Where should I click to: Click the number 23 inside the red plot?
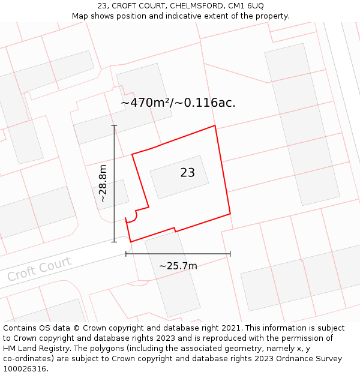click(x=187, y=173)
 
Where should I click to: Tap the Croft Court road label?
click(x=39, y=269)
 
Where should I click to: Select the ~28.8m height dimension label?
click(x=103, y=183)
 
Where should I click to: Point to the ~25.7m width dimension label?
click(x=178, y=266)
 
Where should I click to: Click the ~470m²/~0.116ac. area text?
click(x=178, y=103)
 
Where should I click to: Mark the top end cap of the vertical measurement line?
click(x=114, y=125)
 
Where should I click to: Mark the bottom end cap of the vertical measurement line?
click(x=114, y=242)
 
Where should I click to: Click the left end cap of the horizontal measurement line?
click(x=126, y=254)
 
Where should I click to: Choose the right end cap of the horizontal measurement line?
click(x=230, y=254)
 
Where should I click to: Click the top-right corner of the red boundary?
click(x=215, y=126)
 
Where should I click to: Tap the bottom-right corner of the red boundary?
click(x=230, y=213)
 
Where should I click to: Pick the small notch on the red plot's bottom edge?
click(x=175, y=229)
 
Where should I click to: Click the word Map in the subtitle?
click(x=80, y=16)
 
